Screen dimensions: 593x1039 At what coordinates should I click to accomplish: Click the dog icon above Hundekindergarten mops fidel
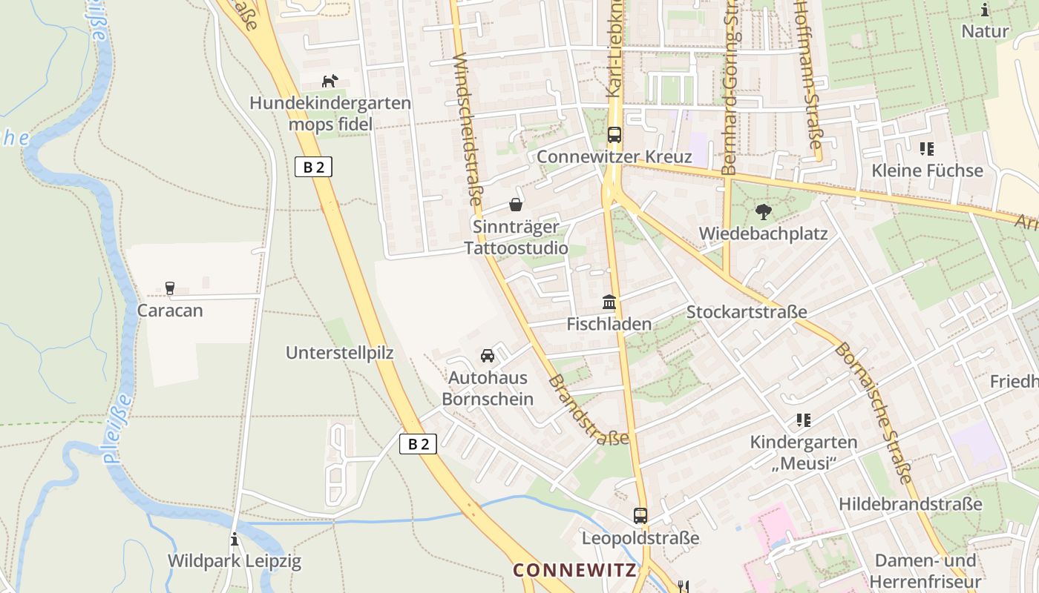coord(330,81)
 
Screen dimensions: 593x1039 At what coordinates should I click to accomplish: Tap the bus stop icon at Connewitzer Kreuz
coord(614,135)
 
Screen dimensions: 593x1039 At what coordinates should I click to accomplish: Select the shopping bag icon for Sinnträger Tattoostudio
coord(515,205)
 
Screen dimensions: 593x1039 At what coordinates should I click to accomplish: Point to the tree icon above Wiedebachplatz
coord(762,212)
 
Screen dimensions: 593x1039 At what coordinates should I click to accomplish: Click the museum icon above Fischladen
coord(609,302)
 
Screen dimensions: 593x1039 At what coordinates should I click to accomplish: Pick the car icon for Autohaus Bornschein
coord(487,356)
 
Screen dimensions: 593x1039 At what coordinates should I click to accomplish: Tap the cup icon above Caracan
coord(169,288)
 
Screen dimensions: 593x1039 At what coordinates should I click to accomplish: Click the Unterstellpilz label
coord(339,353)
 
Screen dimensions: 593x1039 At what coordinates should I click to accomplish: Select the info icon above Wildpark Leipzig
coord(235,539)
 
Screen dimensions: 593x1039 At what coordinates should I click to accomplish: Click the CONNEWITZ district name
coord(574,570)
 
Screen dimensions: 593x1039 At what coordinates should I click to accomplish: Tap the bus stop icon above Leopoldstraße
coord(640,515)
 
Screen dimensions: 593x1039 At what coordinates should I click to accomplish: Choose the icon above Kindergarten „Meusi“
coord(803,420)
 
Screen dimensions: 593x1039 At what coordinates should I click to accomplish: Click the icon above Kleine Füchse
coord(926,149)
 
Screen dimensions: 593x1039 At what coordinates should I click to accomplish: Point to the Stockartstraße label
coord(746,312)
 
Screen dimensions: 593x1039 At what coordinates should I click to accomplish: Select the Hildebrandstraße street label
coord(910,504)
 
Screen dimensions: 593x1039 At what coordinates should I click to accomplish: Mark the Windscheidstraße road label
coord(468,130)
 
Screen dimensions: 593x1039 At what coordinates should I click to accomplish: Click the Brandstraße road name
coord(589,410)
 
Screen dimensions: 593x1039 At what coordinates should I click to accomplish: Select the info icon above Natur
coord(985,10)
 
